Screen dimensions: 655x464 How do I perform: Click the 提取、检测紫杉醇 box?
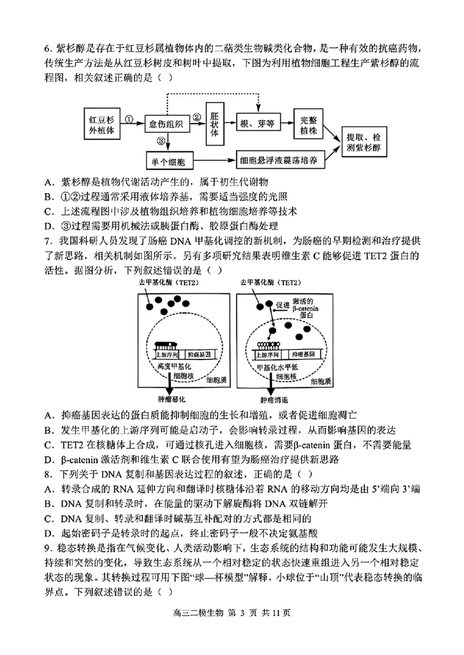click(x=364, y=143)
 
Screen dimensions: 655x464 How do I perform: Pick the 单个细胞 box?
click(x=170, y=161)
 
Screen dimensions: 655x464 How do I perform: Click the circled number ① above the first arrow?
click(x=129, y=117)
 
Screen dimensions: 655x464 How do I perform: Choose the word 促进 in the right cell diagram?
click(x=283, y=305)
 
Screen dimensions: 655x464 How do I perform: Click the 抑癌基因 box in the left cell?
click(x=202, y=353)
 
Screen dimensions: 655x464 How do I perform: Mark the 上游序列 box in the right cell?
click(x=271, y=353)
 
